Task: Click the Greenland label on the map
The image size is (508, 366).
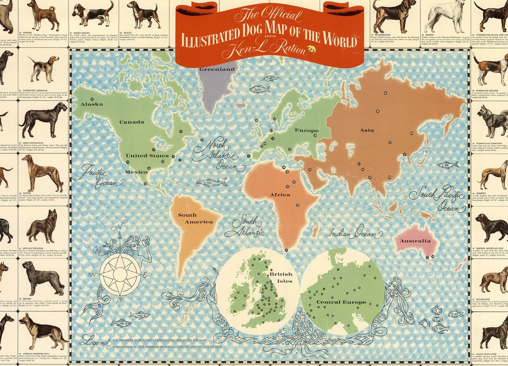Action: (217, 69)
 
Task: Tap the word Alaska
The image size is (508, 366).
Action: (91, 104)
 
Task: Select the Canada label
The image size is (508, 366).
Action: (132, 122)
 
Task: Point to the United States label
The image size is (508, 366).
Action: (147, 156)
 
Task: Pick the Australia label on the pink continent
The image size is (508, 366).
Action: (415, 241)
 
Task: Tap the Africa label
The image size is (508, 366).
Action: (280, 194)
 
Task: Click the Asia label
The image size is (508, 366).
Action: (367, 130)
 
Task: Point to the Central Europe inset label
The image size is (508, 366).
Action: (341, 302)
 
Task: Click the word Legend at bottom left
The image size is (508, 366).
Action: (95, 342)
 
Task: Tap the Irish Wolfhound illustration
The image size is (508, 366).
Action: (43, 119)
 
